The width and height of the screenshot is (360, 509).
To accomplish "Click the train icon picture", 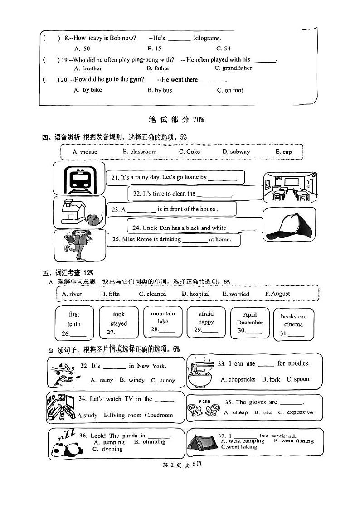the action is click(x=79, y=179).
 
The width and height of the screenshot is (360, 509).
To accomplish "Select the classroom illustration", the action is click(x=289, y=187).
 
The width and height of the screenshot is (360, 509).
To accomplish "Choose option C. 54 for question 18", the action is click(x=223, y=49).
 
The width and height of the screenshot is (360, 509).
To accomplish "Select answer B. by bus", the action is click(x=160, y=90).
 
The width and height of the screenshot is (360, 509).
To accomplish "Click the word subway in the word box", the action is click(x=236, y=152).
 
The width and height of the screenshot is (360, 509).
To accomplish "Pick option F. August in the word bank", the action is click(x=277, y=294).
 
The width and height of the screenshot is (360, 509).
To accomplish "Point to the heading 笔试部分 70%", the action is click(x=176, y=120).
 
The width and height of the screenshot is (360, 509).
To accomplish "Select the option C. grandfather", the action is click(x=233, y=69).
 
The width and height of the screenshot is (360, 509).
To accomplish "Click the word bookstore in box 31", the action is click(x=293, y=317).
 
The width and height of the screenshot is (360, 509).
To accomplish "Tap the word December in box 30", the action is click(x=250, y=323).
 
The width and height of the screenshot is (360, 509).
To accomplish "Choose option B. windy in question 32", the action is click(x=132, y=380).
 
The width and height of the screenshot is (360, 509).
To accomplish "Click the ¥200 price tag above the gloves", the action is click(x=204, y=401).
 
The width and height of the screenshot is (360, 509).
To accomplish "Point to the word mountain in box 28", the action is click(x=163, y=313).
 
